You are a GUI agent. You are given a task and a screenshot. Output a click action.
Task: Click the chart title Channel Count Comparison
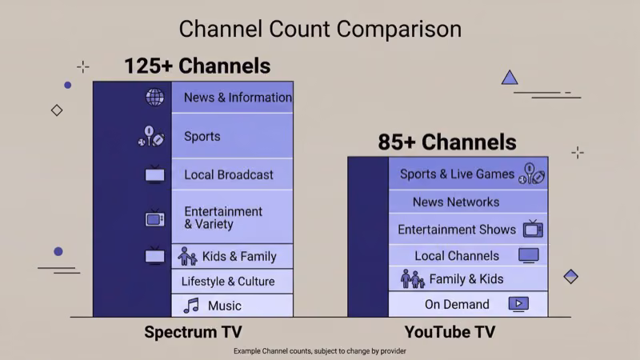[x=320, y=29]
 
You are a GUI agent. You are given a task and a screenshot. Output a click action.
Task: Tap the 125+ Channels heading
[x=197, y=66]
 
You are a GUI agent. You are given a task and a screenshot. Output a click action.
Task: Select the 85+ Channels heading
[x=447, y=142]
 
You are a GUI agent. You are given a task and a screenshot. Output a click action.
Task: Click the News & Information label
[x=238, y=98]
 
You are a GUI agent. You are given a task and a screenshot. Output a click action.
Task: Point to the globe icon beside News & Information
[x=154, y=98]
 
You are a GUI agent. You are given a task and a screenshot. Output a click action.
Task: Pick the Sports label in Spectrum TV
[x=202, y=136]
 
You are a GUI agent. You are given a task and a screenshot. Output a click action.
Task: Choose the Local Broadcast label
[x=229, y=174]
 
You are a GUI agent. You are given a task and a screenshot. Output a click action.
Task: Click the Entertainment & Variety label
[x=223, y=218]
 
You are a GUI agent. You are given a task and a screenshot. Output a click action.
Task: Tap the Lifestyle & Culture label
[x=228, y=282]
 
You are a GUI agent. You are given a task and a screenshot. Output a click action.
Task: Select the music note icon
[x=190, y=306]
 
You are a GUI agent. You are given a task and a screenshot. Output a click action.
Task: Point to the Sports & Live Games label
[x=458, y=174]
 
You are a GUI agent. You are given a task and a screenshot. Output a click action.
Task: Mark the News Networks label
[x=456, y=202]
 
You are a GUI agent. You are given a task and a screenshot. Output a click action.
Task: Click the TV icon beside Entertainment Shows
[x=533, y=230]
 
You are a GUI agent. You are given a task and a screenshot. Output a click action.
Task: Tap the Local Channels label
[x=457, y=256]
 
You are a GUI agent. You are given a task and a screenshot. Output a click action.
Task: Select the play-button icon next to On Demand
[x=518, y=304]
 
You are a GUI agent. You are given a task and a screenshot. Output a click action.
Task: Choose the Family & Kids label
[x=466, y=279]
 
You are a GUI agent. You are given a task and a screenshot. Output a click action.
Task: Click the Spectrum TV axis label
[x=193, y=332]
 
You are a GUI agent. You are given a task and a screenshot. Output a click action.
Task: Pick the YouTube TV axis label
[x=450, y=332]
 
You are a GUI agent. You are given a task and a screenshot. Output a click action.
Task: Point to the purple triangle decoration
[x=510, y=78]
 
